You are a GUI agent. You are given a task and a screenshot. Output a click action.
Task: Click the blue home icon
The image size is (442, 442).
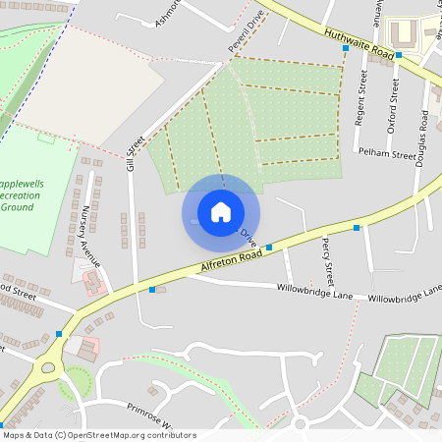tap(221, 212)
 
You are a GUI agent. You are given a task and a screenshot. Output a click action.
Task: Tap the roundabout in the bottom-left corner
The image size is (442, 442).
tap(46, 370)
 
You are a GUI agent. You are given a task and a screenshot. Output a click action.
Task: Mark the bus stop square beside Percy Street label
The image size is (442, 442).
tap(356, 228)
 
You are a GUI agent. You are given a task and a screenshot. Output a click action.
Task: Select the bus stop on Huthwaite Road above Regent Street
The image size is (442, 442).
tap(346, 47)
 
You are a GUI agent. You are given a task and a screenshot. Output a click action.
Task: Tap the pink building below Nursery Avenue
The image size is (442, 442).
tap(94, 282)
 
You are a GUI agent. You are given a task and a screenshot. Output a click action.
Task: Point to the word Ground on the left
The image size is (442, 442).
tap(20, 207)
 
